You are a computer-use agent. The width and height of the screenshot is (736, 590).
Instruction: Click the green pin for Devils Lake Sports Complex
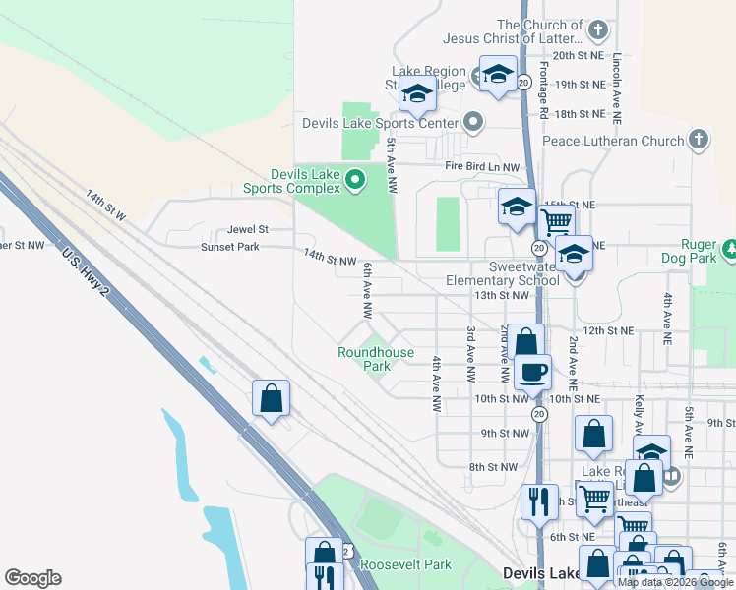[x=355, y=179]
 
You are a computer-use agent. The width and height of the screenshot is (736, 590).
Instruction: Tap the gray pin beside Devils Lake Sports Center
[x=473, y=123]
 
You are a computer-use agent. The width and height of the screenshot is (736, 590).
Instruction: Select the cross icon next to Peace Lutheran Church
[x=699, y=140]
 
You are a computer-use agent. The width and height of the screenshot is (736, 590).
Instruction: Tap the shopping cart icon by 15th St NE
[x=556, y=221]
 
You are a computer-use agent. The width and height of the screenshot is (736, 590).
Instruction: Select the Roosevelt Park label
[x=405, y=564]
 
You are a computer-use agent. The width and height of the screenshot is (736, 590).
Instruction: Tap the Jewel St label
[x=248, y=229]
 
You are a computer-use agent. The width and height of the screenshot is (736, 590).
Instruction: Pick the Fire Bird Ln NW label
[x=481, y=167]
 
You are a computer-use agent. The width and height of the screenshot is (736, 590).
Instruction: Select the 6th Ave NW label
[x=366, y=291]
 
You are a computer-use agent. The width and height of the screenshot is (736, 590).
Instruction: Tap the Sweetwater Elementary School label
[x=502, y=273]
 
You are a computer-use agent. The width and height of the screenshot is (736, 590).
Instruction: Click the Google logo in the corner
[x=32, y=578]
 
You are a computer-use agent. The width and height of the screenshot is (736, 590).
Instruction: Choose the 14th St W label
[x=106, y=207]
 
